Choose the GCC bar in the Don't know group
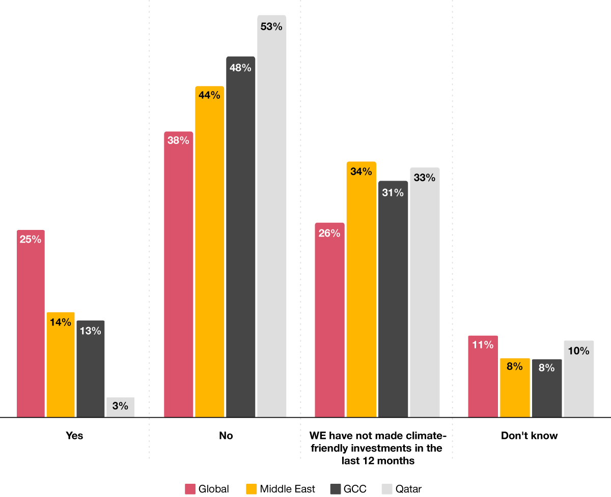click(x=546, y=389)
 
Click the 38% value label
click(x=178, y=140)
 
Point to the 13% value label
click(x=90, y=331)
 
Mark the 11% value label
click(x=483, y=345)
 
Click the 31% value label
click(x=393, y=192)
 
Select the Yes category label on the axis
click(x=74, y=436)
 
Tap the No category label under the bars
click(x=226, y=436)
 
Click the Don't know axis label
click(x=530, y=436)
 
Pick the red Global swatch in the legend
click(x=190, y=489)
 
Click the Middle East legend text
click(x=287, y=489)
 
